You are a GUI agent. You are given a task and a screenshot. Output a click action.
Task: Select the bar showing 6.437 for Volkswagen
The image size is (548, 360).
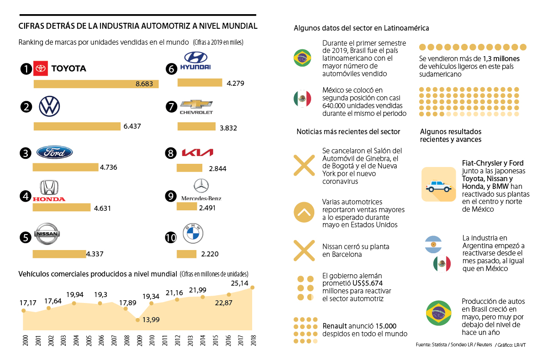click(x=77, y=126)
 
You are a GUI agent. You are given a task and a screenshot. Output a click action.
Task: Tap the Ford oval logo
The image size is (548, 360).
click(x=54, y=152)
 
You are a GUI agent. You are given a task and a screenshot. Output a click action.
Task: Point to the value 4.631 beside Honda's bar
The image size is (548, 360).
click(x=102, y=209)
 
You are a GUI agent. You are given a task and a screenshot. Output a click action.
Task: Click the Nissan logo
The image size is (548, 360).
click(x=47, y=234)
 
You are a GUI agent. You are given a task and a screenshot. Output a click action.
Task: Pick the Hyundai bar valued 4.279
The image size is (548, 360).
click(x=200, y=83)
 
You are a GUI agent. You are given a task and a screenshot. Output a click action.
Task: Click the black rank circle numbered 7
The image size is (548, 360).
click(x=171, y=107)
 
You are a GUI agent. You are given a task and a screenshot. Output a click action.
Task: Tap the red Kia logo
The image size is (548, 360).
click(x=197, y=152)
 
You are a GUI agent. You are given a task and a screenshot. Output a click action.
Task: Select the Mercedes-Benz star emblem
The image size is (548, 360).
click(x=201, y=186)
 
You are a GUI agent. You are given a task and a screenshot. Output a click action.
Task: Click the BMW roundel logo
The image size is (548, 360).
click(x=193, y=234)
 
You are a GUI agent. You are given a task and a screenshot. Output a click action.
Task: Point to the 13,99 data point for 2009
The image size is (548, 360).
click(x=137, y=320)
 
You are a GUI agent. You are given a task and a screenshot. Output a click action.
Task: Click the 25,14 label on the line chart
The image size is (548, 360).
click(x=240, y=283)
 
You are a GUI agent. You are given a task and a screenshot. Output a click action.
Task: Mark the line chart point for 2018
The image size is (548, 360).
click(x=252, y=287)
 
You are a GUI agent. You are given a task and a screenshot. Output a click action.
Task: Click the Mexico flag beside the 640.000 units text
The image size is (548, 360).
click(x=302, y=99)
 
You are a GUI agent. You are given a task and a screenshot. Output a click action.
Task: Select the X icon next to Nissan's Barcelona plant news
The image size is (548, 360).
click(x=303, y=250)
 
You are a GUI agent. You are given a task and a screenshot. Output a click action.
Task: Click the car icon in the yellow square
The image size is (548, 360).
click(x=438, y=184)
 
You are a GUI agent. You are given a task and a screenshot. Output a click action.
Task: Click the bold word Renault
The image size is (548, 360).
click(x=337, y=326)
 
